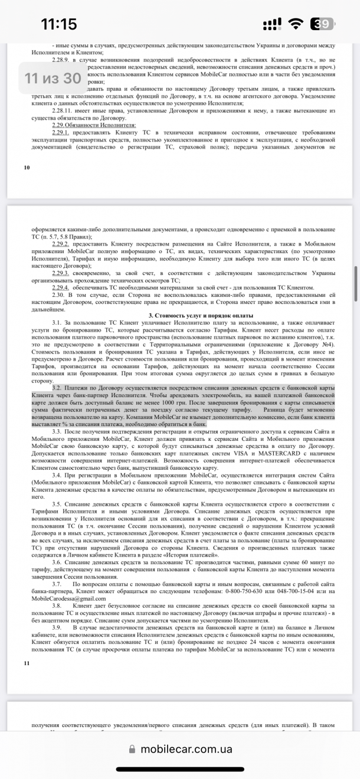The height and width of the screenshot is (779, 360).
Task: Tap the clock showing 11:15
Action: point(58,24)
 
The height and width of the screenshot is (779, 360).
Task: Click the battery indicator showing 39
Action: point(324,24)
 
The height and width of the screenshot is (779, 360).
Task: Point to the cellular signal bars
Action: point(272,24)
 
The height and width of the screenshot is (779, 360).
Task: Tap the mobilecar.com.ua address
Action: point(186,749)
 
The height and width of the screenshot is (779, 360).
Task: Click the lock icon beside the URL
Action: point(133,749)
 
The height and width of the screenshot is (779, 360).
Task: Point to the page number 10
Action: point(27,168)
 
